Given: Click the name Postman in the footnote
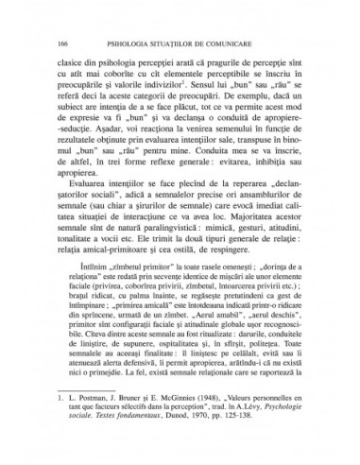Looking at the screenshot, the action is pyautogui.click(x=94, y=427).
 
